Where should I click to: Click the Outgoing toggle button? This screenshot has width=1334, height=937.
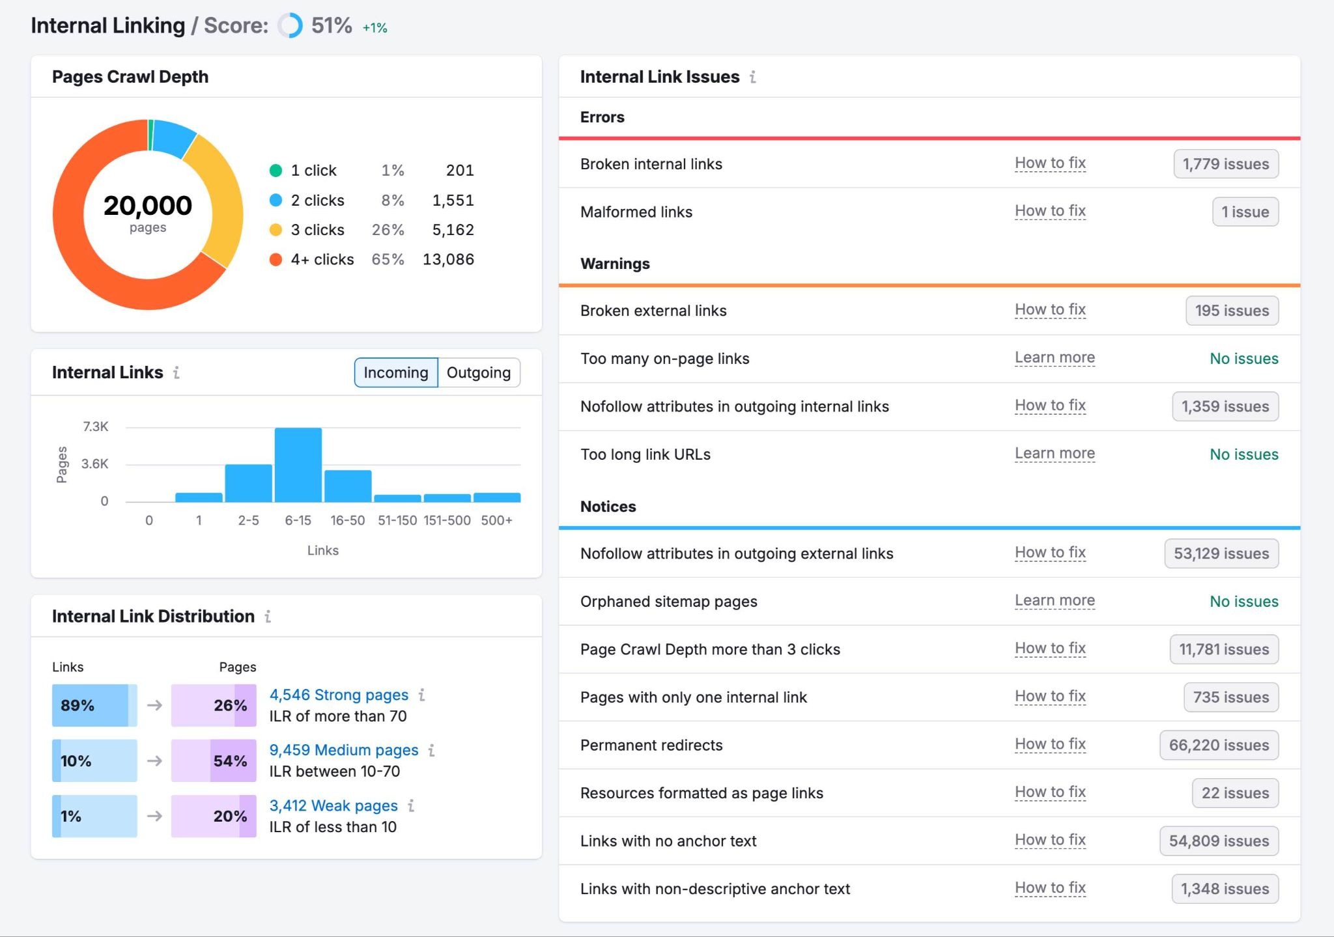(x=479, y=372)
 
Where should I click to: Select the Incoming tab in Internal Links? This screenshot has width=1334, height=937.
(x=395, y=372)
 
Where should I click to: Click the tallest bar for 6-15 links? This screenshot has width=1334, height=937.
(x=298, y=465)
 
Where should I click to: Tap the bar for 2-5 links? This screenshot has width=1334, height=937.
(x=248, y=483)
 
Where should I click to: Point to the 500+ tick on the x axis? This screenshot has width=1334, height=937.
(x=496, y=520)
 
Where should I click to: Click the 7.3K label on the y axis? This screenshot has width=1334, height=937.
(x=95, y=427)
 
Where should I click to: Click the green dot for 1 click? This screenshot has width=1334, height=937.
(x=276, y=171)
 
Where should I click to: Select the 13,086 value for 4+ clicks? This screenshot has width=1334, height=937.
(x=448, y=259)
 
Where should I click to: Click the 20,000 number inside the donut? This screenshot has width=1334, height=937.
(x=148, y=206)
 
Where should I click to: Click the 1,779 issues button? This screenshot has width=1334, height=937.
(x=1225, y=164)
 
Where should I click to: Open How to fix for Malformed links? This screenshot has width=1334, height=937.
(x=1050, y=211)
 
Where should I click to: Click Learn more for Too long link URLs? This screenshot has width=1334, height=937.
(x=1055, y=453)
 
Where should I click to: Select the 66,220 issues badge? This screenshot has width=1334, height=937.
(x=1218, y=745)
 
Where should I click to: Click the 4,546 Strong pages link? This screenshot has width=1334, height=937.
(x=339, y=695)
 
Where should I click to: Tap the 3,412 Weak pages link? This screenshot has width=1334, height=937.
(x=333, y=805)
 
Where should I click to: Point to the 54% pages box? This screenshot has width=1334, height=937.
(x=214, y=761)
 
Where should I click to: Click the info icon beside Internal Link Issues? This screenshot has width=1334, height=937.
(x=752, y=77)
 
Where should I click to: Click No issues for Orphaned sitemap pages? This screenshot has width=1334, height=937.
(x=1243, y=601)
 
